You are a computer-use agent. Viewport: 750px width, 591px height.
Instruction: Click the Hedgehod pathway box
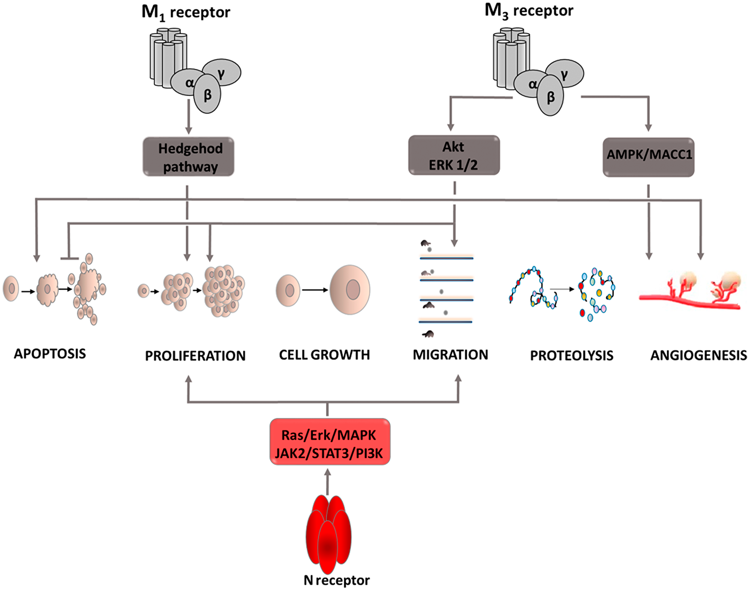(189, 157)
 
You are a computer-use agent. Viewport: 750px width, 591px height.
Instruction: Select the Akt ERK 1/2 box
(454, 155)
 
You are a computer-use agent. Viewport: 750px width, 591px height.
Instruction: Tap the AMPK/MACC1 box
(648, 157)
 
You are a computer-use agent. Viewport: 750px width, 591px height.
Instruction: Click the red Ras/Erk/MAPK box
(330, 442)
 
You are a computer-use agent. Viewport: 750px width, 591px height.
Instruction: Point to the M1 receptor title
(186, 12)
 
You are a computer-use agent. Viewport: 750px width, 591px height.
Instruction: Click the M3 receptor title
(529, 11)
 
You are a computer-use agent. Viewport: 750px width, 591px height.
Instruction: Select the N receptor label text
(336, 580)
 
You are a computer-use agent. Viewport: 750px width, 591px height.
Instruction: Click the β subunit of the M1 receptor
(207, 95)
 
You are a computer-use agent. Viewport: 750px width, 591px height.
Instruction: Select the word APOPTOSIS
(50, 354)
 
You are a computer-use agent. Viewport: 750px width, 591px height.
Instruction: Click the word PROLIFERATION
(195, 356)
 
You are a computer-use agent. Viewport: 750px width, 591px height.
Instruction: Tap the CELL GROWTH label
(324, 355)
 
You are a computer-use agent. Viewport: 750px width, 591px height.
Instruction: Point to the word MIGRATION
(450, 355)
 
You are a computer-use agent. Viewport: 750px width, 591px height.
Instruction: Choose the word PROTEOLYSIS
(571, 356)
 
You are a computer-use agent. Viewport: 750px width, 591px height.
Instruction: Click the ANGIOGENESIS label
(698, 356)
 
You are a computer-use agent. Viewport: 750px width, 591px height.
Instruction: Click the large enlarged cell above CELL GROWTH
(349, 290)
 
